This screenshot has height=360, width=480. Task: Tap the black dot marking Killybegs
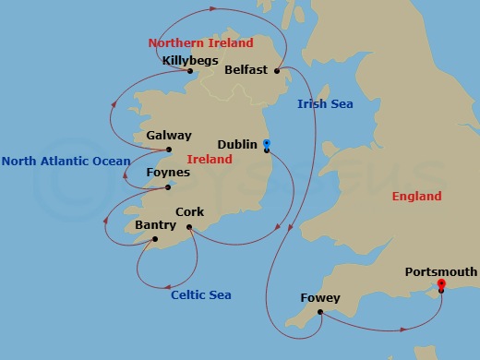tap(188, 71)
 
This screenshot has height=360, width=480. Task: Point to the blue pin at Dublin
tap(266, 145)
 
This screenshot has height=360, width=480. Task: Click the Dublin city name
tap(237, 145)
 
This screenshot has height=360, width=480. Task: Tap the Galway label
tap(169, 136)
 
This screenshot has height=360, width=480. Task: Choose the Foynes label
tap(168, 173)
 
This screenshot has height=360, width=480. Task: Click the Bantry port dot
tap(154, 239)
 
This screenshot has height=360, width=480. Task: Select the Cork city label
tap(189, 212)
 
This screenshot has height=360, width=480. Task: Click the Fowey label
tap(320, 298)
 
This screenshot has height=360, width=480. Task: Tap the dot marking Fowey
tap(320, 311)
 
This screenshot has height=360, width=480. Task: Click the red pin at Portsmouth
tap(441, 284)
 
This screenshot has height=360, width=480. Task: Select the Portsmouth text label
tap(441, 271)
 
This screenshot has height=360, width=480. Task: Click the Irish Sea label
tap(325, 104)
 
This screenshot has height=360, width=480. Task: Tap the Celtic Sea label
tap(201, 295)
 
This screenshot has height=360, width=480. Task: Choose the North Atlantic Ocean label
tap(66, 162)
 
